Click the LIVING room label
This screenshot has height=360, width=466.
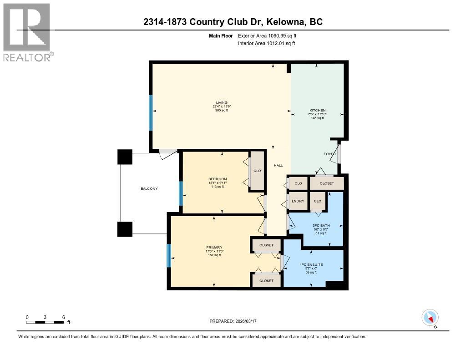click(222, 102)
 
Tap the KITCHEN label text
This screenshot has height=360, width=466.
click(317, 111)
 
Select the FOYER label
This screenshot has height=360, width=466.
click(329, 154)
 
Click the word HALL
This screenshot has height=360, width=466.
click(278, 166)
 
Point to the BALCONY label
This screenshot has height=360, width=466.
click(149, 188)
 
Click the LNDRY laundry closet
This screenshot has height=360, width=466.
click(298, 201)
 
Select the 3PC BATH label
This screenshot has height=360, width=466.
click(321, 225)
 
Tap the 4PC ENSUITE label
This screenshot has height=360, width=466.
click(311, 264)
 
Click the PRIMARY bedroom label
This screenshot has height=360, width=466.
click(214, 248)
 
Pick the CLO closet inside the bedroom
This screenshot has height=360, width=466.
click(257, 171)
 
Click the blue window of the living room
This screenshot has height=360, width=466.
click(151, 112)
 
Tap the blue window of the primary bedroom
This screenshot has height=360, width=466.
click(168, 255)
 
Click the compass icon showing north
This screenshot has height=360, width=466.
click(430, 317)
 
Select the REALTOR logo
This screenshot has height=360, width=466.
click(27, 32)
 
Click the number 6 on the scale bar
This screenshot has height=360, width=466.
click(64, 317)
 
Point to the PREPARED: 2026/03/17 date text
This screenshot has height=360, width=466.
click(233, 321)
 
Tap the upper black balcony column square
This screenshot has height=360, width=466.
click(125, 157)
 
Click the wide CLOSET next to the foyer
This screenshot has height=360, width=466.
click(326, 183)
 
